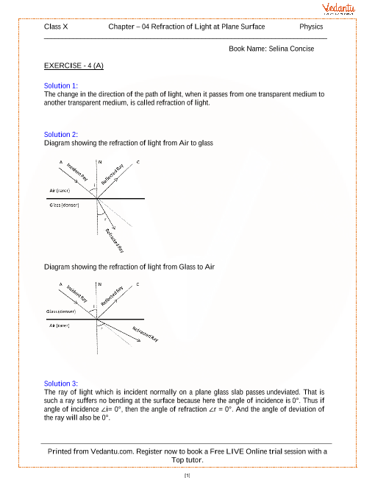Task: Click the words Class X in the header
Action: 57,27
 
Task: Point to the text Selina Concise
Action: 293,49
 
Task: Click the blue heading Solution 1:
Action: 61,86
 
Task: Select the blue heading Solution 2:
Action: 61,135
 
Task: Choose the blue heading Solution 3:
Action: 61,384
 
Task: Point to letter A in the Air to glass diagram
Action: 61,161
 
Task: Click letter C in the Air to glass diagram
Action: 137,161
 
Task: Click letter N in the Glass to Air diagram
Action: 99,284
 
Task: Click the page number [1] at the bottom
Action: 187,476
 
